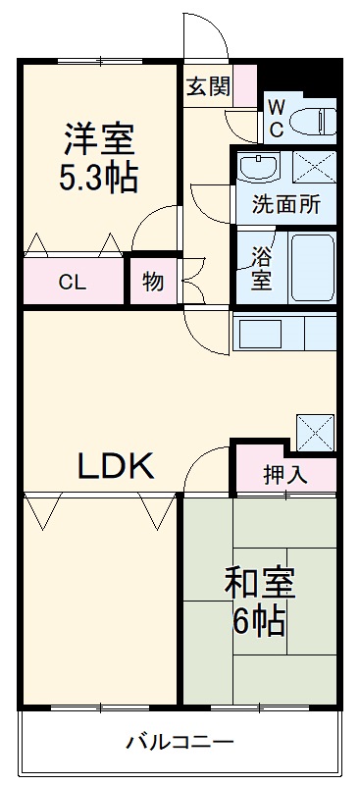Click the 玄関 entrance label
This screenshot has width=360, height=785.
[x=208, y=86]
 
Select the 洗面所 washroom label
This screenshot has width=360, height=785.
[x=285, y=207]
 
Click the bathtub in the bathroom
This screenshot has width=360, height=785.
[x=313, y=267]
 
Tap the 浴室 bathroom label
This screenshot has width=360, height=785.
[x=262, y=268]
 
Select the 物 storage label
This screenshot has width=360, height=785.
[x=153, y=283]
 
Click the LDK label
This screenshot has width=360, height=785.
[x=116, y=466]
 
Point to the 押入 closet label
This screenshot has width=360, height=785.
[x=285, y=475]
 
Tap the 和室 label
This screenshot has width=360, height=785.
[x=260, y=585]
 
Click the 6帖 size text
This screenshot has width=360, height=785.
[x=260, y=620]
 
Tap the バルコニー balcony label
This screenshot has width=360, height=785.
[x=179, y=741]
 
